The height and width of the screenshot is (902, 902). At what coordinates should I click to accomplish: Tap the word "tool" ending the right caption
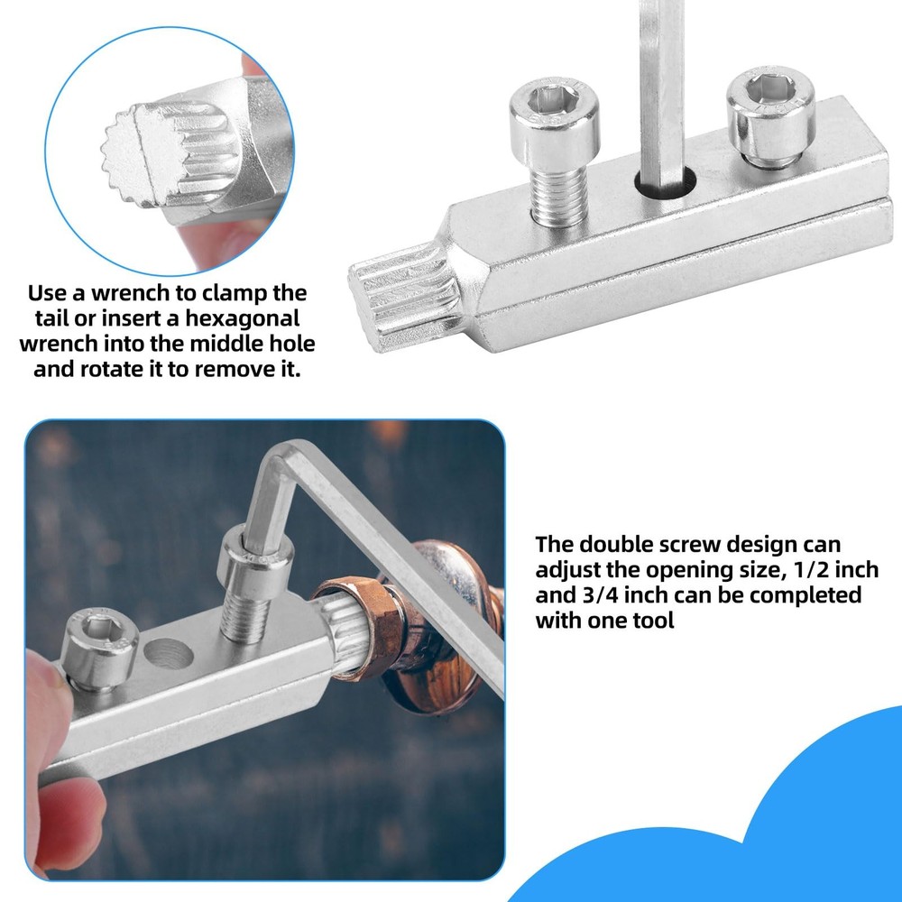click(x=651, y=621)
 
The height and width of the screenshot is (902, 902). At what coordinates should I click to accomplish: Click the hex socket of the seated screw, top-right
click(x=770, y=89)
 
